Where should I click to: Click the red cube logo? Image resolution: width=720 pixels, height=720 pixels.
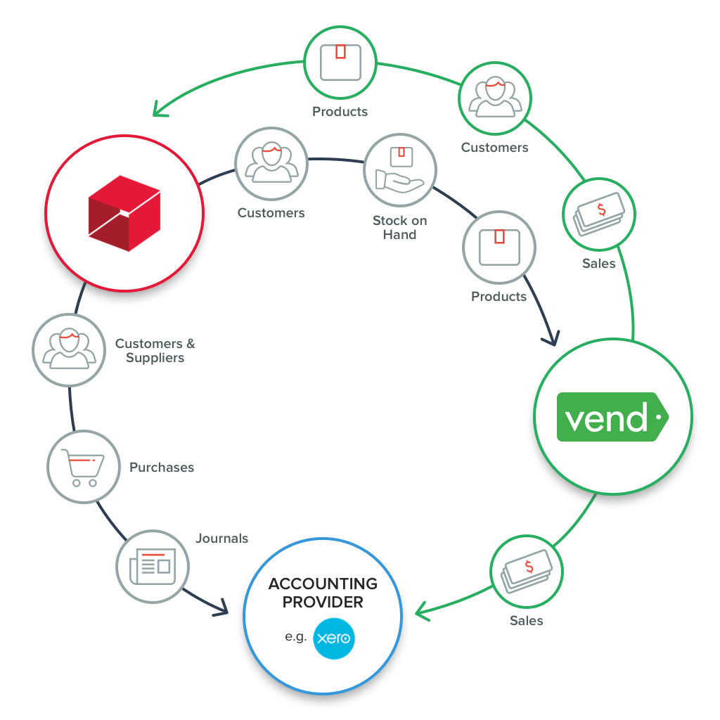(124, 213)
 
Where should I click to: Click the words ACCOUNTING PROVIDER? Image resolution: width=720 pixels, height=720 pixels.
(323, 593)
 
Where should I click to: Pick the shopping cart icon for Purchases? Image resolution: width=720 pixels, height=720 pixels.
(83, 467)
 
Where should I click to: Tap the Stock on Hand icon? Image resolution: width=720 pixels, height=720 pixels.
(399, 169)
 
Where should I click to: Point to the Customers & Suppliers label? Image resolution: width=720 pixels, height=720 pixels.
(155, 350)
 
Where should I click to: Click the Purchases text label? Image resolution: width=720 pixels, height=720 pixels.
(162, 467)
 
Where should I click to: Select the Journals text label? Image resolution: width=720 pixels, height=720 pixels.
(221, 539)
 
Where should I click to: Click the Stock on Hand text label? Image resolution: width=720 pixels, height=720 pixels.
(399, 227)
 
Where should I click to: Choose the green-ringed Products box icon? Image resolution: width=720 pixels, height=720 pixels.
(340, 62)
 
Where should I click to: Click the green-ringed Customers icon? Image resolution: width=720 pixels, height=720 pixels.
(495, 97)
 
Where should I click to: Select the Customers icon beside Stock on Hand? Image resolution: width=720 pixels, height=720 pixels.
(271, 163)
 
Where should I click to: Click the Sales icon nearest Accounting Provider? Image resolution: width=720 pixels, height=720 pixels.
(527, 571)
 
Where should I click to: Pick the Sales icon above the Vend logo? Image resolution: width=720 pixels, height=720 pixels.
(599, 214)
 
